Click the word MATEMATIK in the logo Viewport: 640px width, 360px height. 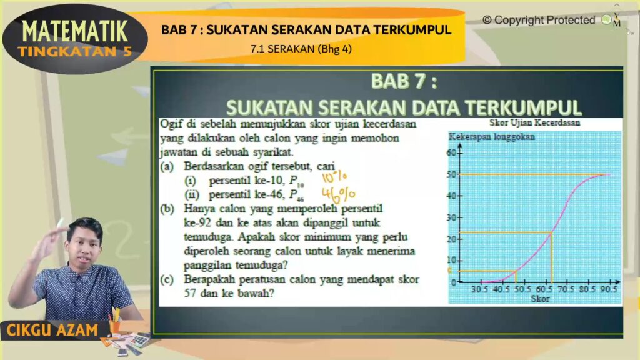point(75,31)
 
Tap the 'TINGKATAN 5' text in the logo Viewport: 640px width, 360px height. point(75,51)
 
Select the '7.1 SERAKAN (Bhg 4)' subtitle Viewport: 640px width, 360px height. point(301,49)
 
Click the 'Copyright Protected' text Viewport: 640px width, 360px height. point(539,20)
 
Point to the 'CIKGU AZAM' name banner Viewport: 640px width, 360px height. point(52,330)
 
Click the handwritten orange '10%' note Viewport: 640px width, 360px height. point(334,177)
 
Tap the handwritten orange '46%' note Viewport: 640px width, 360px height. point(338,195)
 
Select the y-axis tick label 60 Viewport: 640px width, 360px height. point(451,152)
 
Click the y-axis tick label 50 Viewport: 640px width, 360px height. point(451,174)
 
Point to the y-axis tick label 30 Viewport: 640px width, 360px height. point(451,217)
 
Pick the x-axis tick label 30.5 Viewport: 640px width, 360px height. point(479,289)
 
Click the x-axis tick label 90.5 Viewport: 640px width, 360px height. point(609,289)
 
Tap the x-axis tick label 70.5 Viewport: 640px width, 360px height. point(566,289)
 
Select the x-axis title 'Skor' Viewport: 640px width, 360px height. point(540,299)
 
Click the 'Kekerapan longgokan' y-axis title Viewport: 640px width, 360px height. point(492,137)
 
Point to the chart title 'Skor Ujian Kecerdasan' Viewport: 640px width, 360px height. point(535,122)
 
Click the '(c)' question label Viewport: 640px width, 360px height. point(166,279)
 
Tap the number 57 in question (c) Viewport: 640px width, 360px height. point(190,293)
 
